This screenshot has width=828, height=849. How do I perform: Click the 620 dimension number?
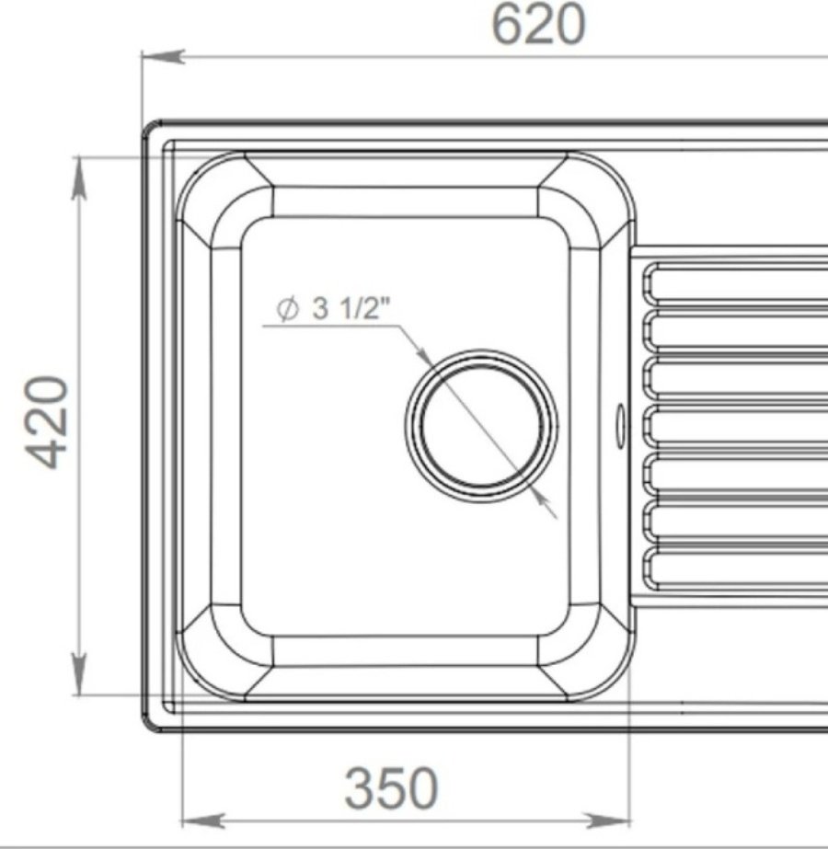pyautogui.click(x=538, y=25)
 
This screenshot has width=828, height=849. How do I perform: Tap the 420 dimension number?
pyautogui.click(x=48, y=422)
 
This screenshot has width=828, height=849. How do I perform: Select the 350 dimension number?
pyautogui.click(x=391, y=787)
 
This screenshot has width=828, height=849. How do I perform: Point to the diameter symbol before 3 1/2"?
pyautogui.click(x=287, y=309)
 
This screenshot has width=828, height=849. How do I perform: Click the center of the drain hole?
pyautogui.click(x=481, y=426)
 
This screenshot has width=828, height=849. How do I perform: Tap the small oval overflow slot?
pyautogui.click(x=621, y=425)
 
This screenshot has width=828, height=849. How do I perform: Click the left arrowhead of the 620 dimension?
pyautogui.click(x=163, y=56)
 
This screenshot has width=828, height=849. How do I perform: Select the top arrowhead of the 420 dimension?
pyautogui.click(x=79, y=178)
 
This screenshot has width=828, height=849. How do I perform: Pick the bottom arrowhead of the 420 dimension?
pyautogui.click(x=79, y=673)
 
